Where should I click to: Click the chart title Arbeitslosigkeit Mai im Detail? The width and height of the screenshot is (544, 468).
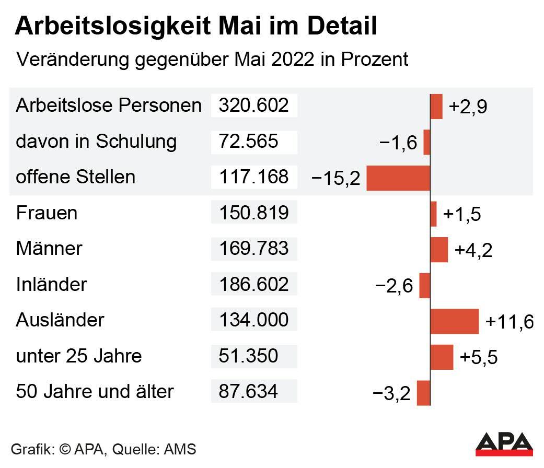click(x=196, y=26)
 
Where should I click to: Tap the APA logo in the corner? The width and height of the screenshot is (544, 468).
click(x=504, y=443)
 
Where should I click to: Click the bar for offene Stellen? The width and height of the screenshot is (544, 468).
click(x=398, y=178)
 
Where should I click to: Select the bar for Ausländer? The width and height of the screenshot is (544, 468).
click(x=454, y=321)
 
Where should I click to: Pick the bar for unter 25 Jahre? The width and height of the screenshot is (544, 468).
click(x=442, y=357)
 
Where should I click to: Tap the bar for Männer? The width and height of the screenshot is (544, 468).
click(x=439, y=249)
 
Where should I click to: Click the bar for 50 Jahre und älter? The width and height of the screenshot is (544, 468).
click(x=423, y=393)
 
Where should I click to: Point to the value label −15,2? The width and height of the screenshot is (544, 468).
click(x=336, y=179)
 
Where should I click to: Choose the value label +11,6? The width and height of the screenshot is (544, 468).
click(x=509, y=322)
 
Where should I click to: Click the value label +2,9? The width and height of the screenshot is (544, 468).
click(x=468, y=107)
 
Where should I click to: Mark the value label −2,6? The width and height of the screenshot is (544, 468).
click(x=394, y=286)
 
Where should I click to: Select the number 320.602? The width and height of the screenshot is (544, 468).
click(x=253, y=106)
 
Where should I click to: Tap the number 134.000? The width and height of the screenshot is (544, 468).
click(x=253, y=320)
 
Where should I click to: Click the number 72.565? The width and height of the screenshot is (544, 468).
click(x=248, y=142)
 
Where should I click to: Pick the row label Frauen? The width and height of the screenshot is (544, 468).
click(x=47, y=213)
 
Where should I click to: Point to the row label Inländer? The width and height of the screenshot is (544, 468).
click(x=51, y=285)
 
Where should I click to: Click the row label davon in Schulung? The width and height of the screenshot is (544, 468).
click(x=96, y=142)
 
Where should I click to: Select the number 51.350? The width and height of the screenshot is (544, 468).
click(x=248, y=356)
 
